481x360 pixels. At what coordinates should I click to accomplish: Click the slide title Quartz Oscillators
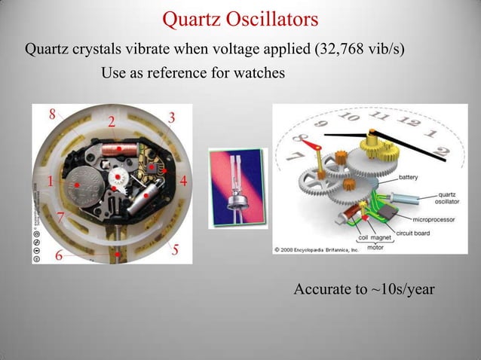[240, 18]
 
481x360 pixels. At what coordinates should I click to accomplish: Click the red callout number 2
[111, 122]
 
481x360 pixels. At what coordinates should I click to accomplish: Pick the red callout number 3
[172, 117]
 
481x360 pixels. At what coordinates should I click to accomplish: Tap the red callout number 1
[49, 182]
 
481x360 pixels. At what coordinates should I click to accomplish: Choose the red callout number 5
[174, 250]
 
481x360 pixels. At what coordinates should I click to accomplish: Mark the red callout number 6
[58, 256]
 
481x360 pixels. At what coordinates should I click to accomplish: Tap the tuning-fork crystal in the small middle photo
[235, 181]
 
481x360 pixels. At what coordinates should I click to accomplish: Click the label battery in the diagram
[409, 178]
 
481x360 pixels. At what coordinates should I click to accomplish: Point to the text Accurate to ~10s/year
[363, 289]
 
